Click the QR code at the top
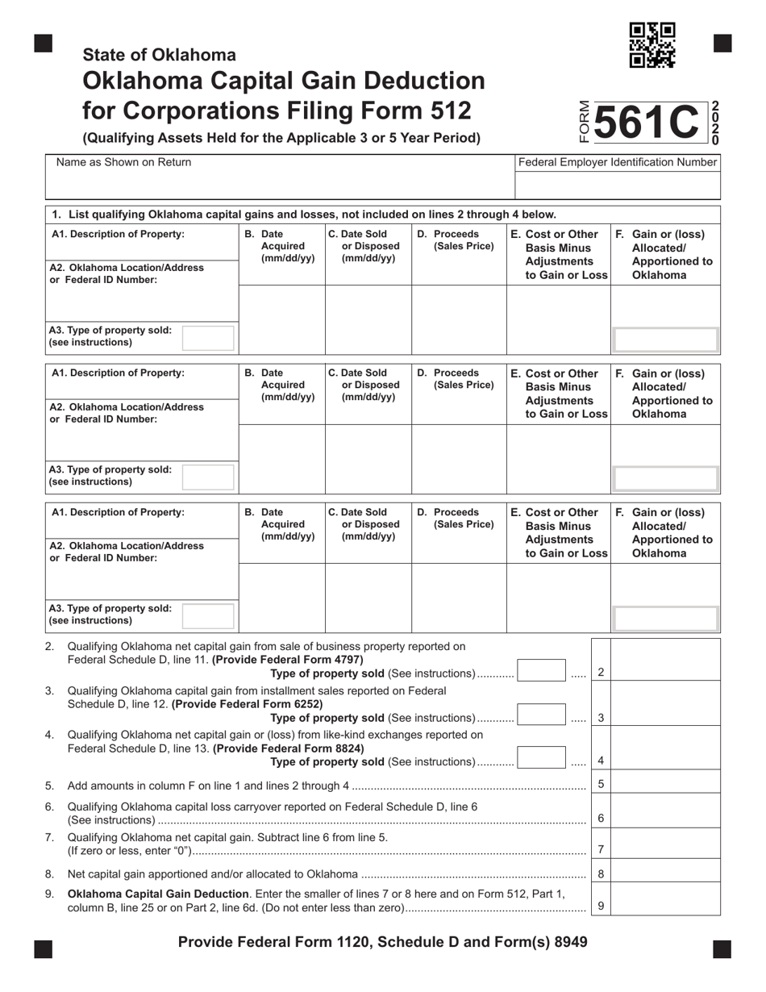pyautogui.click(x=652, y=45)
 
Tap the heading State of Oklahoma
pyautogui.click(x=159, y=55)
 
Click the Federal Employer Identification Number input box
pyautogui.click(x=617, y=185)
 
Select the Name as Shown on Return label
pyautogui.click(x=124, y=162)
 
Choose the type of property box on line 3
pyautogui.click(x=541, y=715)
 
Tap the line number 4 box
pyautogui.click(x=601, y=761)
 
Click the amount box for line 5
pyautogui.click(x=666, y=784)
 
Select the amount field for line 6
pyautogui.click(x=666, y=813)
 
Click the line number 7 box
pyautogui.click(x=601, y=849)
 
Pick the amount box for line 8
pyautogui.click(x=666, y=873)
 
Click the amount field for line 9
pyautogui.click(x=666, y=901)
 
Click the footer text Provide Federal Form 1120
pyautogui.click(x=382, y=942)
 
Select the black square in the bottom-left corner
pyautogui.click(x=44, y=948)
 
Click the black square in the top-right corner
pyautogui.click(x=722, y=44)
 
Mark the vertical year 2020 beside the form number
pyautogui.click(x=714, y=123)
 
